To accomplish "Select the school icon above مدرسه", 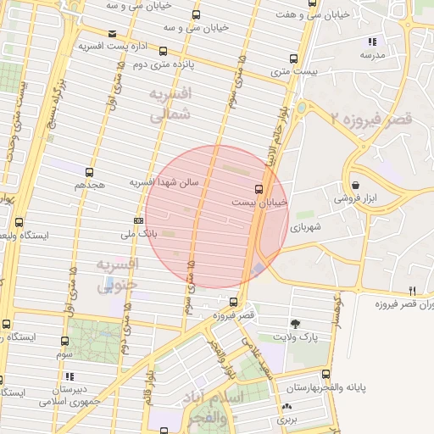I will [371, 42].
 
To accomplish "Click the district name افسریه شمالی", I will [170, 105].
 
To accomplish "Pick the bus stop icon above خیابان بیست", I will [259, 188].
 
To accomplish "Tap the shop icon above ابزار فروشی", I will [355, 185].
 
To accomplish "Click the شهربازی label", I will [305, 227].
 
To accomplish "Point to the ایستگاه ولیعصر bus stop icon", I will [19, 223].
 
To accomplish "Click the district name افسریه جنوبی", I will [115, 276].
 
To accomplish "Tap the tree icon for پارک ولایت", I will [295, 324].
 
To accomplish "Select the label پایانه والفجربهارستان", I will [387, 387].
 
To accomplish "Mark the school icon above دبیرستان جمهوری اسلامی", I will [70, 376].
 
